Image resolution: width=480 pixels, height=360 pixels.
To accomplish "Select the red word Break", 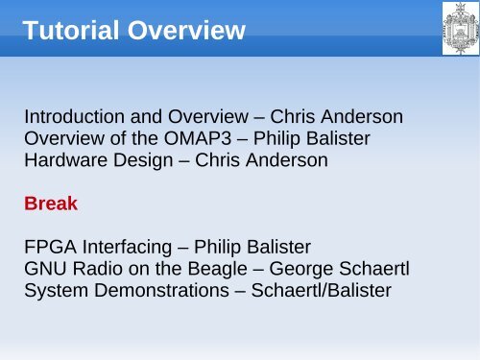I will click(51, 204).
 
